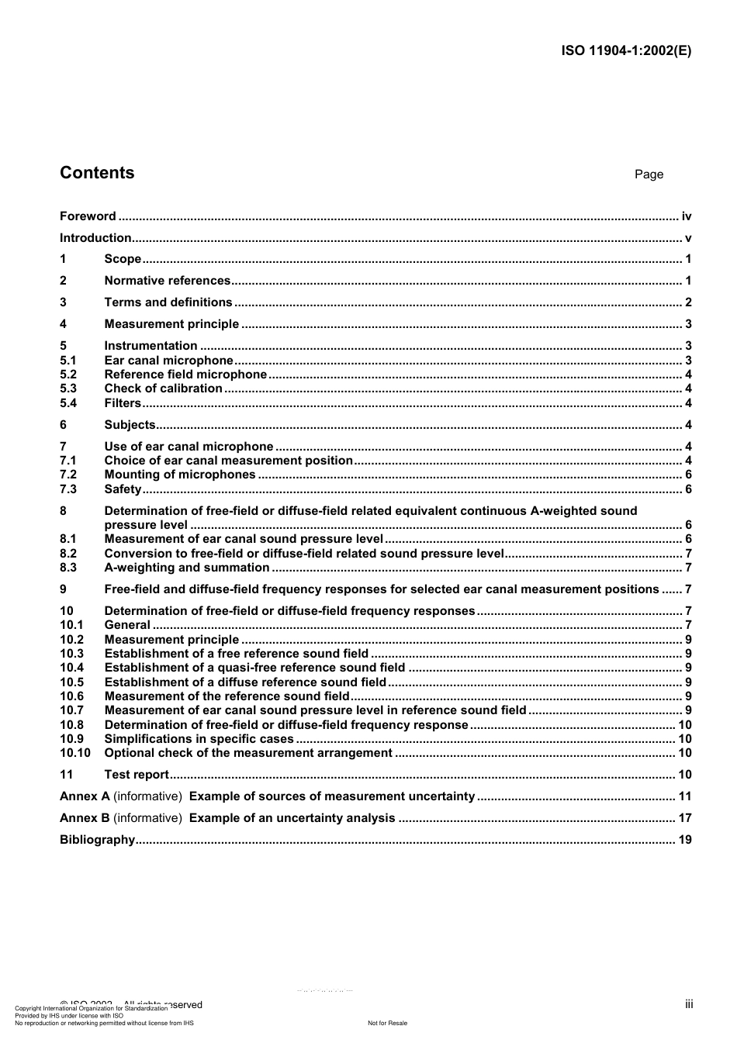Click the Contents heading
click(97, 173)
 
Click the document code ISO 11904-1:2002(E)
click(625, 51)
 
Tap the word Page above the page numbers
click(649, 174)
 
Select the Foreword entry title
click(88, 216)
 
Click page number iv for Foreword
click(686, 216)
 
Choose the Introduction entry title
click(95, 238)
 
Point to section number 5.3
click(68, 389)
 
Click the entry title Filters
click(123, 403)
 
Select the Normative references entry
click(168, 281)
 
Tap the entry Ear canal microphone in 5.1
click(168, 361)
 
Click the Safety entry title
click(123, 489)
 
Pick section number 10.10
click(75, 753)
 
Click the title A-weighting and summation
click(187, 568)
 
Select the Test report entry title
click(137, 775)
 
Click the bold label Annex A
click(85, 796)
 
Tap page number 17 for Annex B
click(685, 818)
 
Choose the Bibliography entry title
click(97, 840)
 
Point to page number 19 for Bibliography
click(685, 840)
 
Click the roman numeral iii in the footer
click(689, 1004)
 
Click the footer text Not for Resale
click(387, 1023)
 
